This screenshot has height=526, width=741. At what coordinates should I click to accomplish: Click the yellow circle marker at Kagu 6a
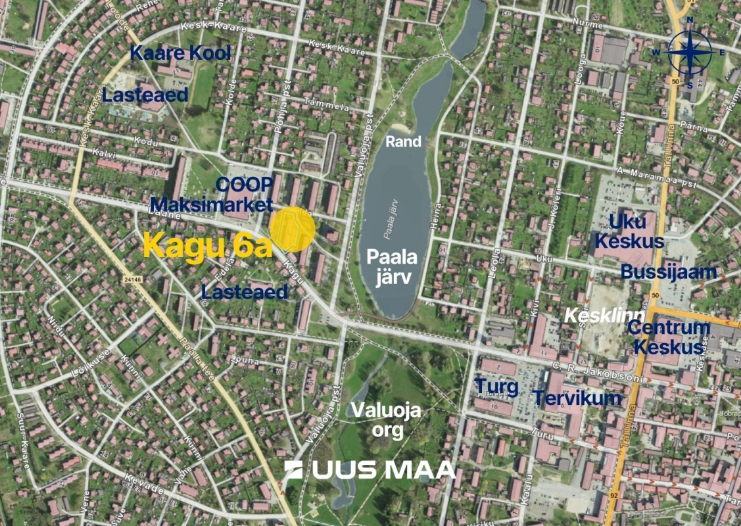coord(293,229)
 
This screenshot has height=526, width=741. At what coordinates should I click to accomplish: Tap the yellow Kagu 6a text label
coord(208,247)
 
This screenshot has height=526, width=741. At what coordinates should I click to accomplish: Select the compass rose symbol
coord(690,53)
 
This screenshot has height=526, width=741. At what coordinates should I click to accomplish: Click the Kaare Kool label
coord(180,53)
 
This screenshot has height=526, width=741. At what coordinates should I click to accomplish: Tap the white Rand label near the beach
coord(403,141)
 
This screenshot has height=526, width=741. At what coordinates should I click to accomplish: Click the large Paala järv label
coord(393,266)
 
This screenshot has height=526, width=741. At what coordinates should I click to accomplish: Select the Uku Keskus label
coord(629,231)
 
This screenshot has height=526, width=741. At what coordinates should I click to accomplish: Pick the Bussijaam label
coord(669,272)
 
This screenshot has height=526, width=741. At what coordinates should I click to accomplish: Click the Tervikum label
coord(577,398)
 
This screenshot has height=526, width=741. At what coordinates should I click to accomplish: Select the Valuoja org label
coord(385,419)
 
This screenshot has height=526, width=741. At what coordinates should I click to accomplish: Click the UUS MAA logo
coord(370,469)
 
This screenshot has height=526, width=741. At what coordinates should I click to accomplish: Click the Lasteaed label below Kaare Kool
coord(145,94)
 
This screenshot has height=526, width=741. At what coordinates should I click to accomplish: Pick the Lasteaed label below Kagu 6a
coord(245,292)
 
